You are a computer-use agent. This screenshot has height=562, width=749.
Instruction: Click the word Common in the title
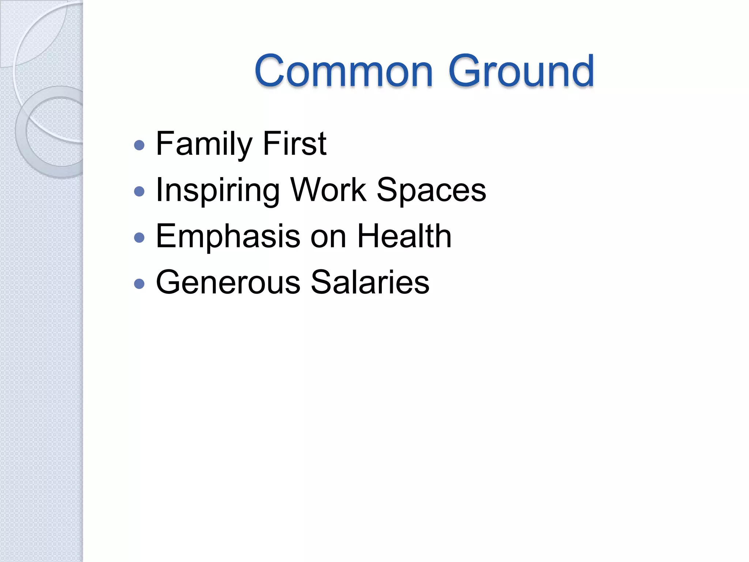tap(344, 71)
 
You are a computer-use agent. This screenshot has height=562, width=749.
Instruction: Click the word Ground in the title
tap(521, 71)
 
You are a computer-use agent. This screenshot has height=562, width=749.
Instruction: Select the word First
tap(294, 144)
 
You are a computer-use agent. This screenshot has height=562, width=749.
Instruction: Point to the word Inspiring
tap(218, 190)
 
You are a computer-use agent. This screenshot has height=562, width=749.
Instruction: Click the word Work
tap(328, 190)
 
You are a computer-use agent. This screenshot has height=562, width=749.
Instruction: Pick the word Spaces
tap(432, 190)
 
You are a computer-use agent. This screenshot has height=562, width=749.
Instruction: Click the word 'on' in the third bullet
tap(328, 237)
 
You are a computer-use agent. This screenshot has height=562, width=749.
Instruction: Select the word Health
tap(404, 236)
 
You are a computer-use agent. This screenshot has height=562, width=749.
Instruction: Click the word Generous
tap(228, 282)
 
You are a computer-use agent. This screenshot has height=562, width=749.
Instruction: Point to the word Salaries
tap(370, 282)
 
